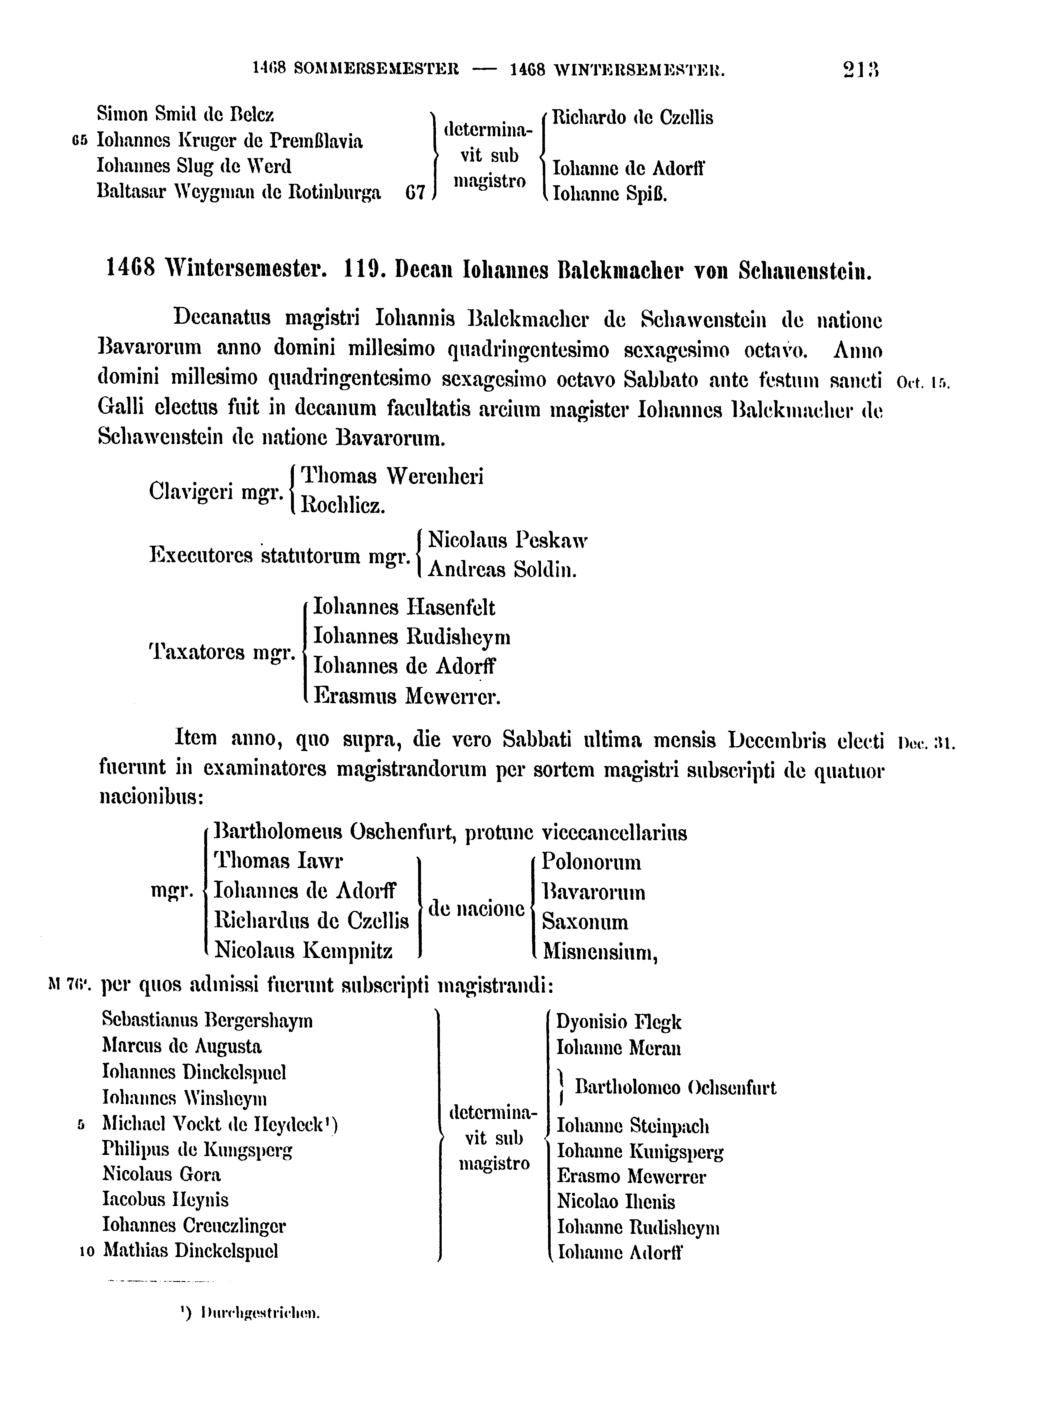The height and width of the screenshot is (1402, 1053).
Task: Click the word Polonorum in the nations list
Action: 591,863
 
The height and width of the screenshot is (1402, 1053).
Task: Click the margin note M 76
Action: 70,985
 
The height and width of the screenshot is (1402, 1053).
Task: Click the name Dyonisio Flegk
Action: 618,1022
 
